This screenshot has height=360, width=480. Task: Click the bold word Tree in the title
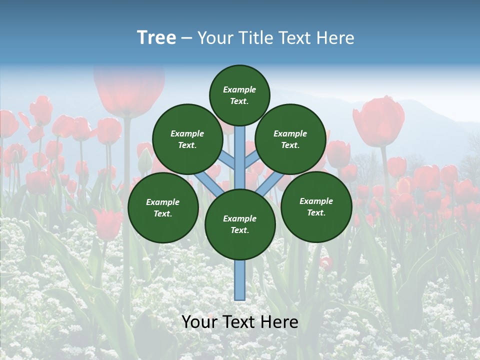pyautogui.click(x=156, y=38)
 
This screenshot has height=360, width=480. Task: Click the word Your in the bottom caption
pyautogui.click(x=199, y=322)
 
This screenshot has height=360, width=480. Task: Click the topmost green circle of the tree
pyautogui.click(x=239, y=95)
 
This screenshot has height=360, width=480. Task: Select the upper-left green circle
pyautogui.click(x=187, y=139)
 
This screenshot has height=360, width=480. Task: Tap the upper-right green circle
pyautogui.click(x=290, y=139)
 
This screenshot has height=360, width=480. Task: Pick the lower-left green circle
pyautogui.click(x=163, y=207)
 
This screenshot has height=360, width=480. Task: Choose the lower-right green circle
pyautogui.click(x=316, y=206)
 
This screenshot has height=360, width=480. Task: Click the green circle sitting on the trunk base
pyautogui.click(x=240, y=224)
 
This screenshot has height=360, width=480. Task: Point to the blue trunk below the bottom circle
pyautogui.click(x=240, y=280)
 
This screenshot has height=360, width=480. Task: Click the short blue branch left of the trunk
pyautogui.click(x=228, y=161)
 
